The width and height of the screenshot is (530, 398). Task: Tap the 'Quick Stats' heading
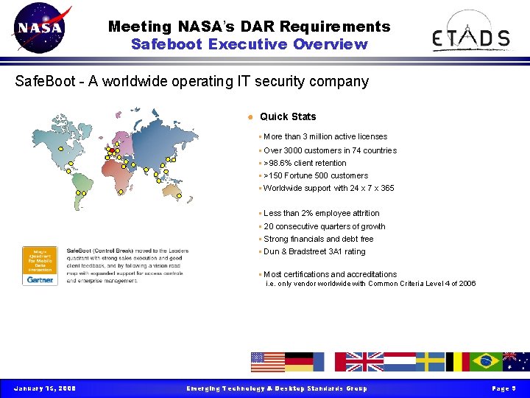(x=288, y=116)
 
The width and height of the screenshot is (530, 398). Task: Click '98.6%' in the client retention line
(x=283, y=163)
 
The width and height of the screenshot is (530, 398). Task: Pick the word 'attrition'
(x=361, y=213)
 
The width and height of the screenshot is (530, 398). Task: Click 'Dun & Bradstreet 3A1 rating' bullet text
(x=314, y=251)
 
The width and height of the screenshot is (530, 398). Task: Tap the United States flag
(x=267, y=361)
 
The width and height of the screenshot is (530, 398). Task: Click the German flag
(x=299, y=361)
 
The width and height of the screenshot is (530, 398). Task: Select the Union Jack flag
(x=364, y=361)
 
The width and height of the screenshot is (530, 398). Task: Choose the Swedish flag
(x=430, y=361)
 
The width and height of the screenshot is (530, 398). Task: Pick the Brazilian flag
(x=487, y=361)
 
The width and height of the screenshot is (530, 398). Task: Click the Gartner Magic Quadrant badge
(x=40, y=265)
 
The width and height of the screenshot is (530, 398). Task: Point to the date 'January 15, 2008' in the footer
(x=45, y=388)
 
